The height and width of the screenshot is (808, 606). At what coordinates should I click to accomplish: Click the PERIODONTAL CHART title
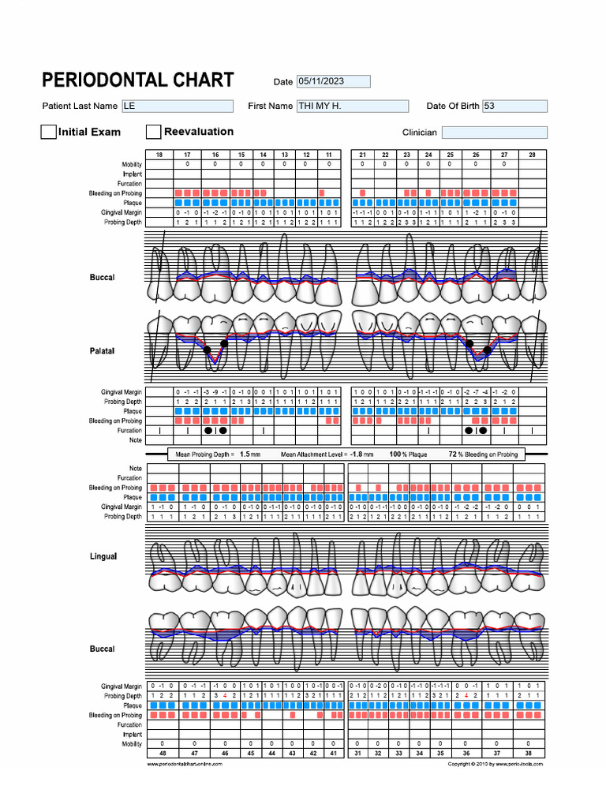137,80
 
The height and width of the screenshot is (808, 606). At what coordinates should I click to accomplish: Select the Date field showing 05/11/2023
332,81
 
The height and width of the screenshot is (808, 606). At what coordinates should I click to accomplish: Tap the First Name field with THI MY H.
352,106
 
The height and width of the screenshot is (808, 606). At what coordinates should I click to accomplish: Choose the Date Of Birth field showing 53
514,106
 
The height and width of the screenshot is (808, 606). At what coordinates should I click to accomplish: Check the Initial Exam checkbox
48,133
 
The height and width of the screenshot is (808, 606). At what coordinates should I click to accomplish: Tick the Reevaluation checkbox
154,133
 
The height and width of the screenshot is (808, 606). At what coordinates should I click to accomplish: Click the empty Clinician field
494,133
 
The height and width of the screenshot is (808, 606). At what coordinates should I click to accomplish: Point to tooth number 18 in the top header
159,155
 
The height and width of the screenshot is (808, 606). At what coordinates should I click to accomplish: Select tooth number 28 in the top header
532,155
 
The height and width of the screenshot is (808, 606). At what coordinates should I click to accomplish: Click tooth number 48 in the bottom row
163,754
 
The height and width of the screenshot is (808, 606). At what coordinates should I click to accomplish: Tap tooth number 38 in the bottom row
529,754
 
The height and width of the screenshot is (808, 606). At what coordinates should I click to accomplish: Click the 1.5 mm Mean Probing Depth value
249,454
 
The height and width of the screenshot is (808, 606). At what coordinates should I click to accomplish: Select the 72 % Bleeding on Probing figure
454,454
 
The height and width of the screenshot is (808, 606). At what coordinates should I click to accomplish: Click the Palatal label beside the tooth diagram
102,351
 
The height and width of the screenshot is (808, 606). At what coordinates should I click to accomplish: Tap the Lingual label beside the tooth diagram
103,556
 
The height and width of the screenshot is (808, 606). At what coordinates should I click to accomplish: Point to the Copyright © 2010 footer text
495,764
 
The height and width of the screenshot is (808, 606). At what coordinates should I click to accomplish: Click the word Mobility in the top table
131,164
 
